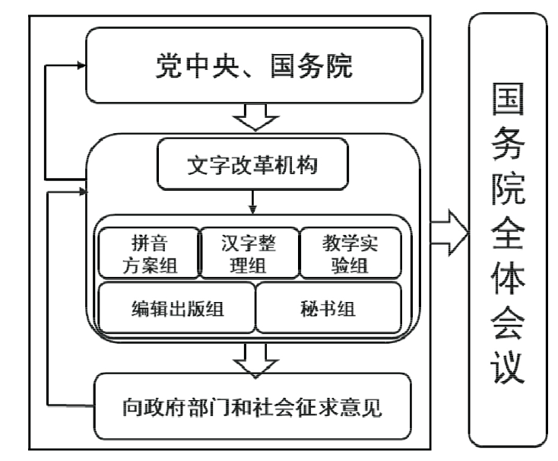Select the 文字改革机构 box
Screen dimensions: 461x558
pyautogui.click(x=252, y=165)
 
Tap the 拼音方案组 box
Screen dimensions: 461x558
pyautogui.click(x=148, y=253)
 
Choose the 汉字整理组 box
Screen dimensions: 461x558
pyautogui.click(x=249, y=253)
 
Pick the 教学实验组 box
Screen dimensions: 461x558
pyautogui.click(x=350, y=253)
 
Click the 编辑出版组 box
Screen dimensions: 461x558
pyautogui.click(x=177, y=308)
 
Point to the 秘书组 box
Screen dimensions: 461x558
pyautogui.click(x=328, y=308)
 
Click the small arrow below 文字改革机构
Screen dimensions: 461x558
pyautogui.click(x=252, y=203)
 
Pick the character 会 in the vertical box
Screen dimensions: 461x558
pyautogui.click(x=508, y=326)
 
